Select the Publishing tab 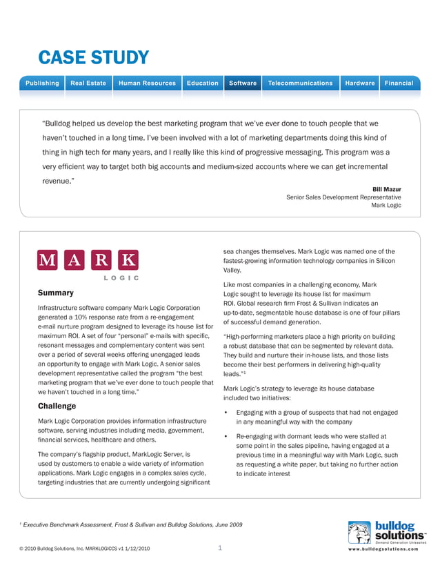(42, 83)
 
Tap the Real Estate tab (88, 83)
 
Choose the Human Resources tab (147, 83)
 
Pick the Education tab (202, 83)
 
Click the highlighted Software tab (243, 83)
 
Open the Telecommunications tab (300, 83)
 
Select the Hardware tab (360, 83)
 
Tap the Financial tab (399, 83)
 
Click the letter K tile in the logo (128, 260)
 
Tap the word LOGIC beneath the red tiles (121, 278)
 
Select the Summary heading (56, 293)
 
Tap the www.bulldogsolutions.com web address (386, 550)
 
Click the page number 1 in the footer (219, 549)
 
